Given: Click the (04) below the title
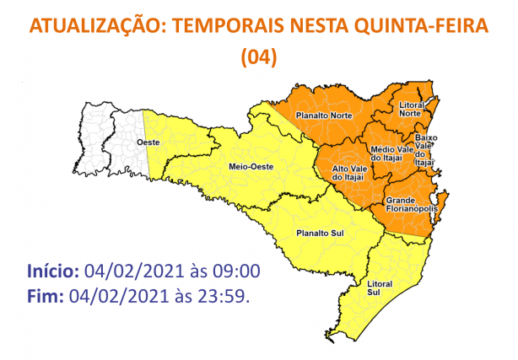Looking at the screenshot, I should click(x=259, y=56).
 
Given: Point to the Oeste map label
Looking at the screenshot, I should click(x=149, y=144).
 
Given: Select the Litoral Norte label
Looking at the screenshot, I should click(x=412, y=110).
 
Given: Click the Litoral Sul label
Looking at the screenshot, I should click(x=380, y=288).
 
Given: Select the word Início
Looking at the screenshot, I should click(x=52, y=271).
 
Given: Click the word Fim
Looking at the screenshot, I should click(x=44, y=296).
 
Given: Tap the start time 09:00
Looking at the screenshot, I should click(x=240, y=271).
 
